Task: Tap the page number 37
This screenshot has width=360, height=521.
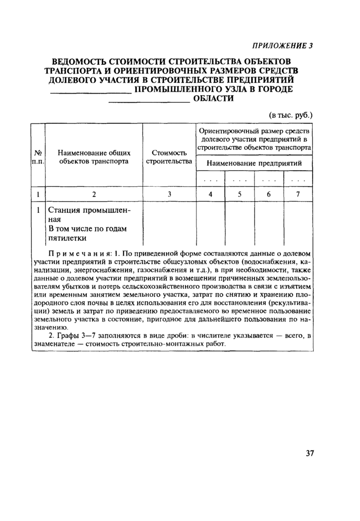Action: click(x=309, y=453)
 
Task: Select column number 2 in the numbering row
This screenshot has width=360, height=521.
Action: click(x=94, y=194)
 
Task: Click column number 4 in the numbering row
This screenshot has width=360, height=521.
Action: click(x=210, y=194)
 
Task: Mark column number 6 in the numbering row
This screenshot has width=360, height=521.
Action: click(x=268, y=194)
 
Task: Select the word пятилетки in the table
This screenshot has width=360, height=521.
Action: click(x=67, y=238)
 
